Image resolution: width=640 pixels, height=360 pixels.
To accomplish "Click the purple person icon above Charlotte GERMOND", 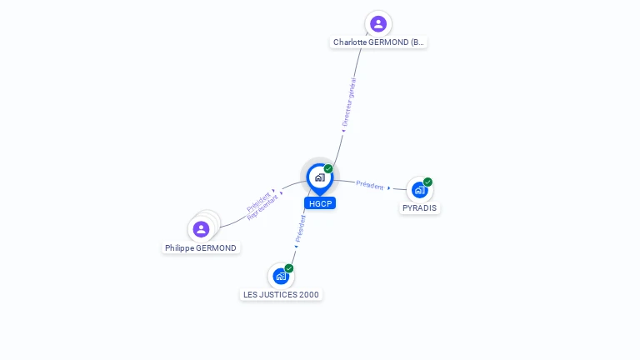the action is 378,23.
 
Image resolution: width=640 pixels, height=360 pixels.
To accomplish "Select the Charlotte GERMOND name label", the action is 379,42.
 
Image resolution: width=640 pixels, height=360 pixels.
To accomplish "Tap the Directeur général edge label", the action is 349,102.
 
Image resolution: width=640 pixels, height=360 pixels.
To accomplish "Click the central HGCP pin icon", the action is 319,177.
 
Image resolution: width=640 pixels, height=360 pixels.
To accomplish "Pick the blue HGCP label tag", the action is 320,203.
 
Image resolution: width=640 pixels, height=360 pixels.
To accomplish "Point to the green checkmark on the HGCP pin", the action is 328,169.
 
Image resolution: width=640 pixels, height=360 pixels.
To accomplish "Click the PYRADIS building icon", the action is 419,190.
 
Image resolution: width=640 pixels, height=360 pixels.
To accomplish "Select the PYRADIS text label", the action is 419,208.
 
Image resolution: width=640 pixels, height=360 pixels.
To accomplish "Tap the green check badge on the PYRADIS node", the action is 427,182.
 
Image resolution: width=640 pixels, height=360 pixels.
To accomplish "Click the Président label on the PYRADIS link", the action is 370,185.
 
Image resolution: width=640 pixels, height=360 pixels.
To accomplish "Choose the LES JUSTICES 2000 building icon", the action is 281,276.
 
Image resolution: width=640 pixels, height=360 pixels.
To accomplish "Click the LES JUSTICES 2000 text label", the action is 281,294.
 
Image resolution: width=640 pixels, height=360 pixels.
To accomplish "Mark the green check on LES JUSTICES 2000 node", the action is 289,268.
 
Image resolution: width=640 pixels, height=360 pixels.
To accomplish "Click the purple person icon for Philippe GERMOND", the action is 201,229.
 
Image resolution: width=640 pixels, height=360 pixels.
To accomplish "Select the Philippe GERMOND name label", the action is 201,248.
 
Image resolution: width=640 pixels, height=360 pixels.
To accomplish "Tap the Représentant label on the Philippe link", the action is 263,207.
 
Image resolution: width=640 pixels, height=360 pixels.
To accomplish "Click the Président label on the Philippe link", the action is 258,201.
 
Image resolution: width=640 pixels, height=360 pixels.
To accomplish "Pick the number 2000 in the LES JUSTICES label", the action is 308,294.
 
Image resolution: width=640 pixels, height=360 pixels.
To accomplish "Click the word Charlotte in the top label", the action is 351,42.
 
